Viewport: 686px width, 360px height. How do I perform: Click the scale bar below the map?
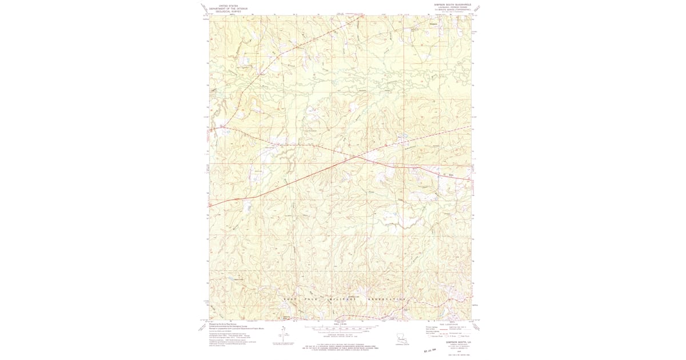[341, 329]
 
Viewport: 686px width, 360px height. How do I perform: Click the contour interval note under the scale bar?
[341, 335]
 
